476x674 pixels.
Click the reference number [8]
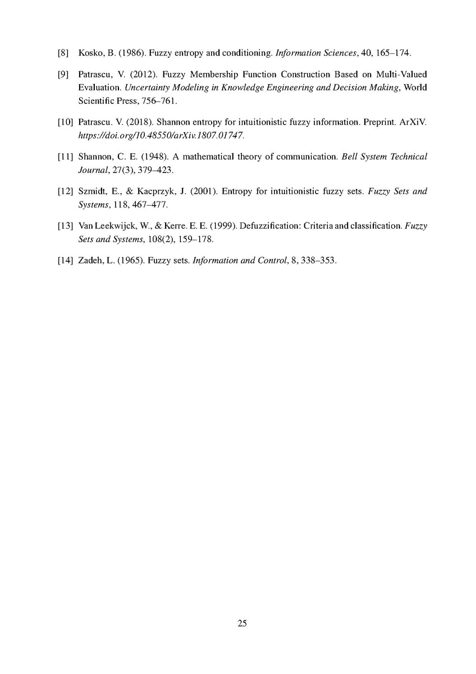click(x=63, y=54)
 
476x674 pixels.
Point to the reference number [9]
click(x=63, y=74)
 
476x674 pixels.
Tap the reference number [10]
click(x=65, y=124)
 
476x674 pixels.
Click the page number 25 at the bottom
click(x=242, y=623)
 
